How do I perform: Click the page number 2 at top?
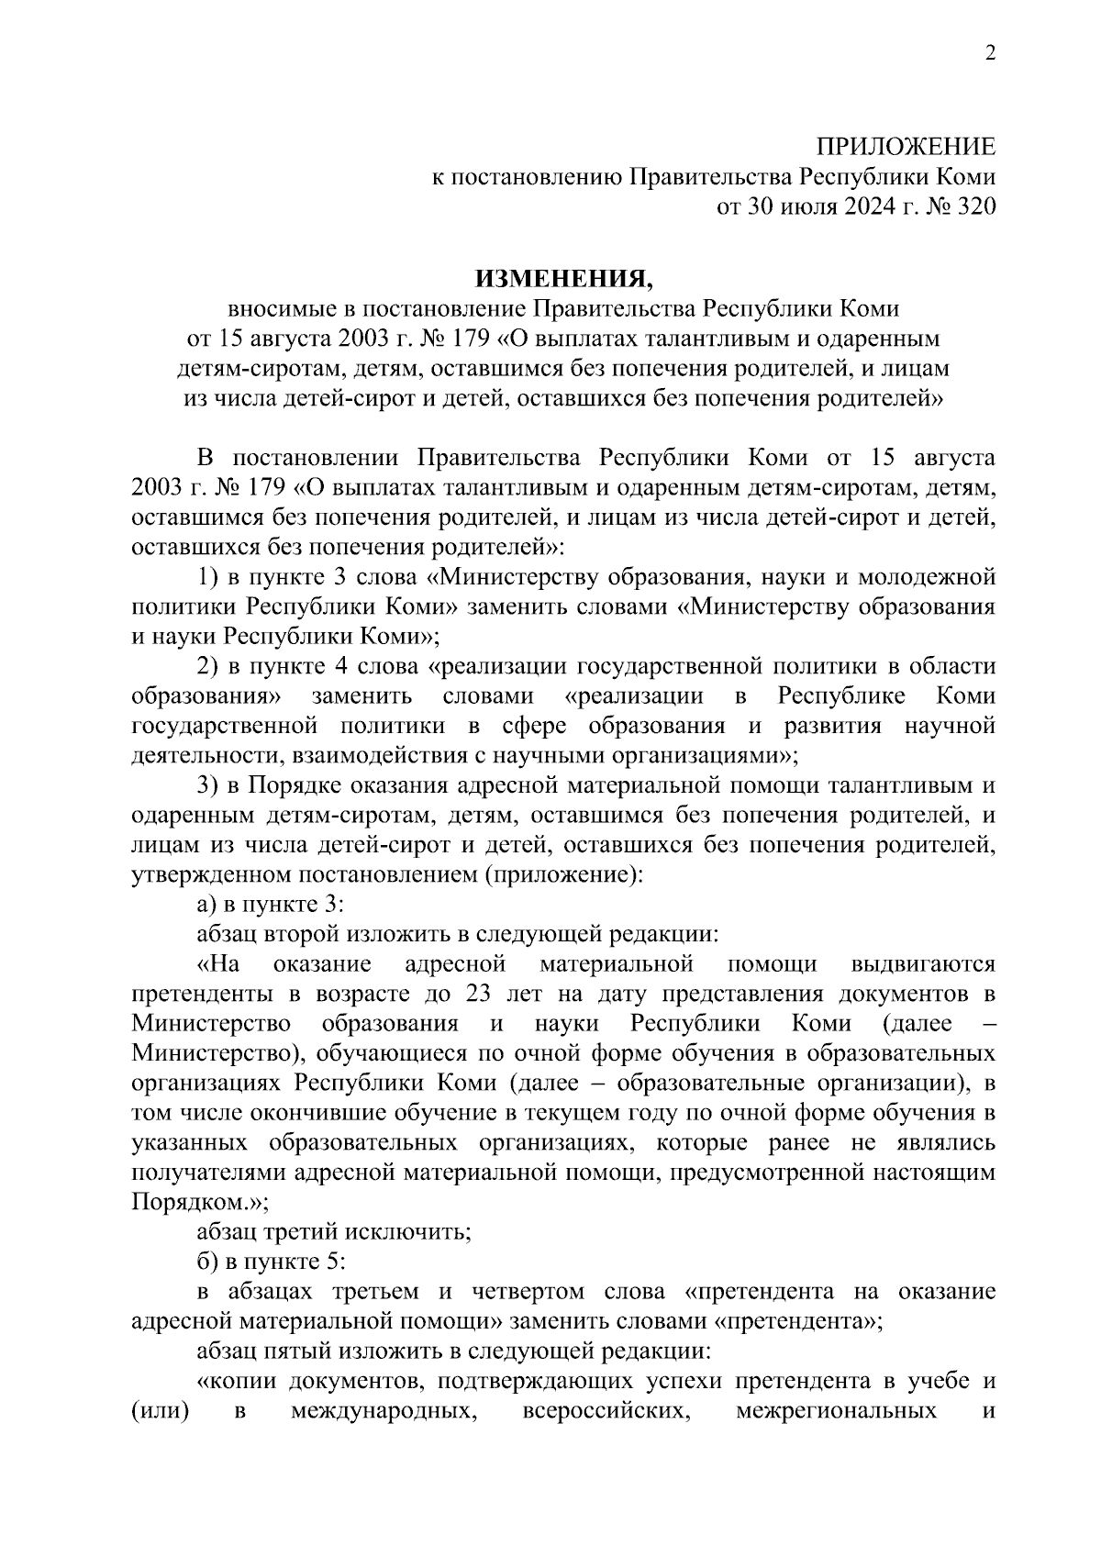[x=989, y=52]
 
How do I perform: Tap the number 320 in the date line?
[x=975, y=206]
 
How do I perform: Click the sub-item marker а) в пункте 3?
[x=207, y=905]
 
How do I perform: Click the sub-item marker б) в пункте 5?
[x=208, y=1262]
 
